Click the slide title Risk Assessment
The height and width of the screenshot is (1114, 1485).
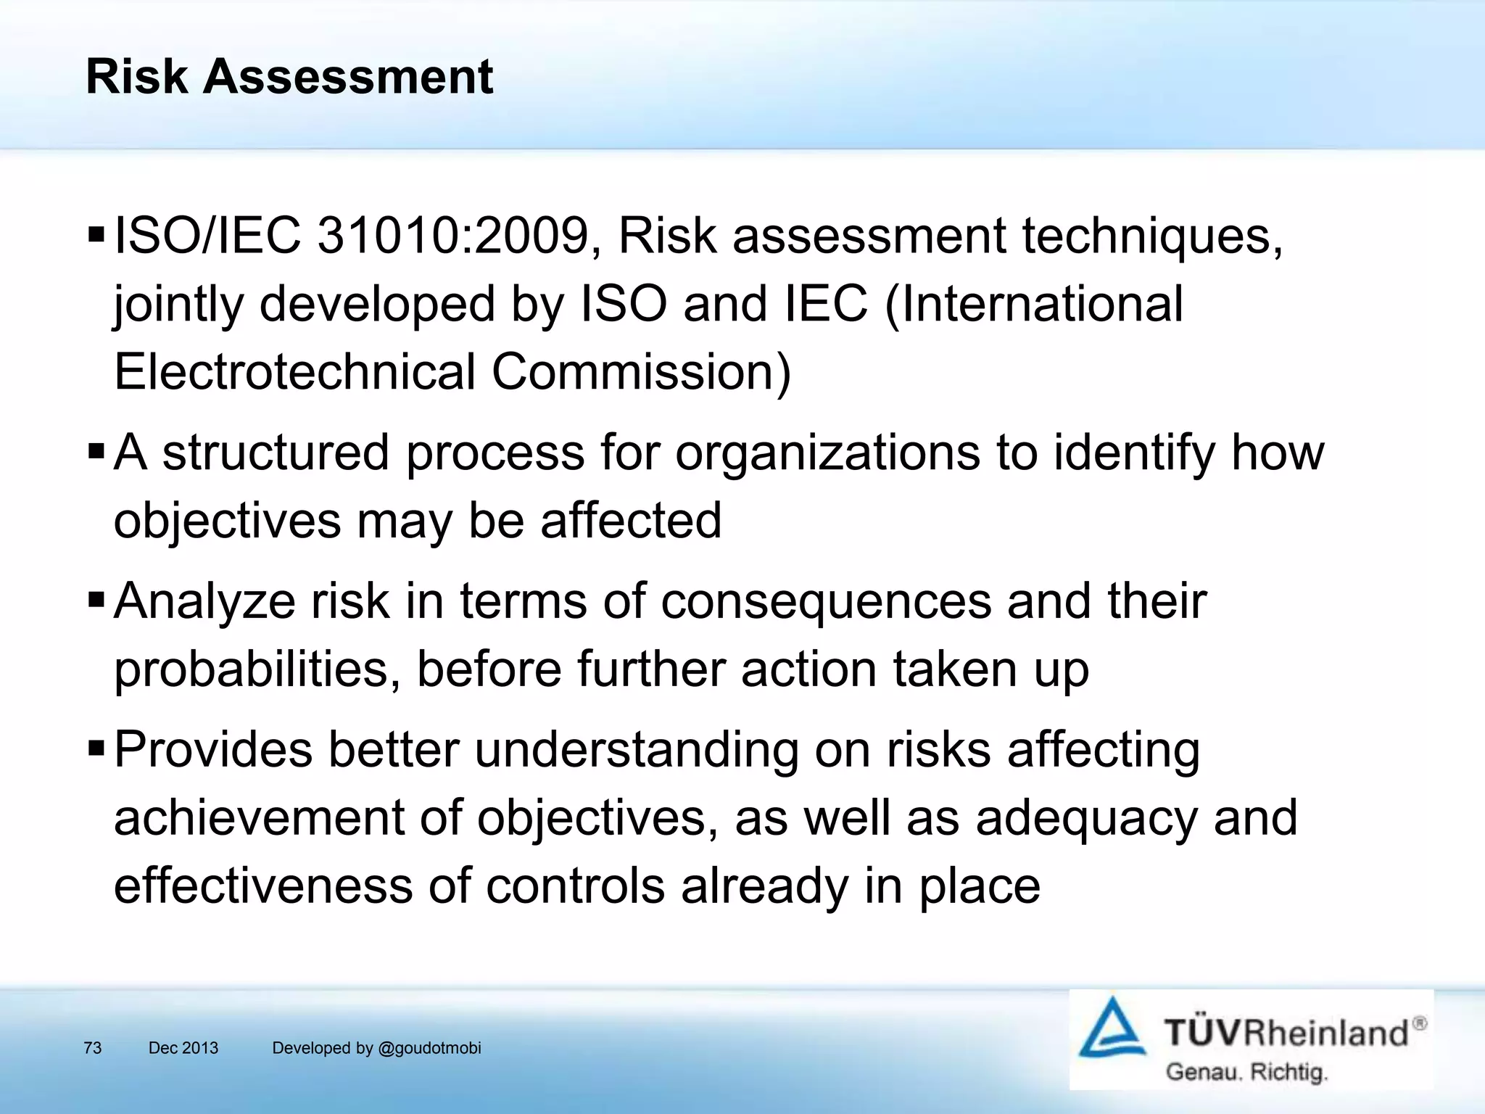pos(289,76)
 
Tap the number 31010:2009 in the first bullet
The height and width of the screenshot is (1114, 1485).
pos(452,236)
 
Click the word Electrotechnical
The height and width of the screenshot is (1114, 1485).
pos(294,371)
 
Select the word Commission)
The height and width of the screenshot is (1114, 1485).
pos(641,371)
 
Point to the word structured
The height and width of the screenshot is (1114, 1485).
pos(276,453)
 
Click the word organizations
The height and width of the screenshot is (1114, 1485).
pos(827,453)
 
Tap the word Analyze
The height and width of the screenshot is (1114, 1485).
pos(204,601)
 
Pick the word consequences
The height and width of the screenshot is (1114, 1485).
pos(826,601)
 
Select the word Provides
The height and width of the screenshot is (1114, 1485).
pos(213,749)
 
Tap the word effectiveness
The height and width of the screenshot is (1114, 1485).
pos(262,886)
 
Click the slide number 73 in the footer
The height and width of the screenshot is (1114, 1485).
pos(93,1048)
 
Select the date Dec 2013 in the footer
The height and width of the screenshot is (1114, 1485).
pos(183,1048)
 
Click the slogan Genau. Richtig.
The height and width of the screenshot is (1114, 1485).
pos(1246,1072)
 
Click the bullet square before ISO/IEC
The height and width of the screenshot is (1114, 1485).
pos(96,236)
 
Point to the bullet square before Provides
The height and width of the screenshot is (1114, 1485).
pos(96,748)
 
